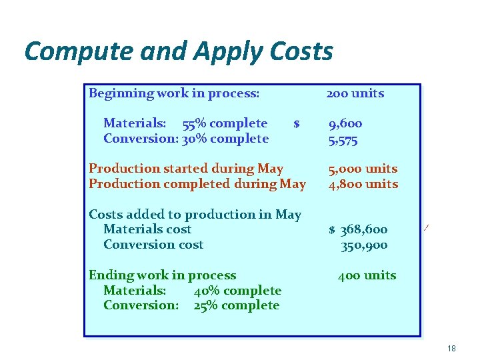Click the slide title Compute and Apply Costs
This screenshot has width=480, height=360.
[178, 51]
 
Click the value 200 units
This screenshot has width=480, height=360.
[355, 93]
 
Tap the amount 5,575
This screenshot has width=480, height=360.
[343, 139]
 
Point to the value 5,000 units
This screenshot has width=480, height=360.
[362, 169]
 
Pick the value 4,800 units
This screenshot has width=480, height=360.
[362, 184]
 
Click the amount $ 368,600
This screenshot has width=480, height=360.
[358, 229]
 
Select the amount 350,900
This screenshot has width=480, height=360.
[364, 245]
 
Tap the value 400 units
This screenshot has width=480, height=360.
[367, 275]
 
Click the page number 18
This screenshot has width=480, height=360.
[451, 349]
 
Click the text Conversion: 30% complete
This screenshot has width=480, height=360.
[186, 139]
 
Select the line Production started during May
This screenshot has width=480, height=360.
[186, 169]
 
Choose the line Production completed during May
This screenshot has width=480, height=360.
[197, 184]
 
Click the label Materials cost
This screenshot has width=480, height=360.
[147, 229]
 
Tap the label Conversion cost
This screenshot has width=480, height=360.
[153, 245]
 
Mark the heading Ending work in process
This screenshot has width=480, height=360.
[162, 275]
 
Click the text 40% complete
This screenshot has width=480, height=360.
[237, 291]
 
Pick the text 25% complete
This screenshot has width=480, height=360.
[237, 305]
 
